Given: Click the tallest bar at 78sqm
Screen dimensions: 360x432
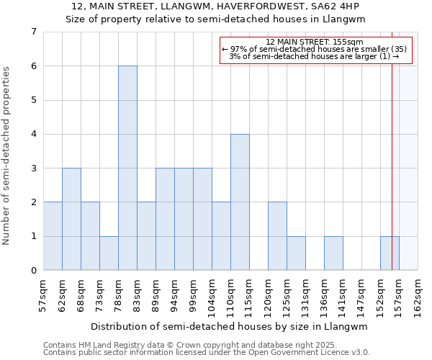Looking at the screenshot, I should coord(127,168).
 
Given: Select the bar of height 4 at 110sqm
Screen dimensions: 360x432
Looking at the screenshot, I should coord(240,202).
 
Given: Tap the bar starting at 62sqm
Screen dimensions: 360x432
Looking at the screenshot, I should coord(71,219).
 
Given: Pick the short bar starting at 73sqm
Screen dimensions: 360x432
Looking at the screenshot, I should coord(109,253).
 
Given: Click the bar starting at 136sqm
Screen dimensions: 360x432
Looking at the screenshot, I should coord(333,253).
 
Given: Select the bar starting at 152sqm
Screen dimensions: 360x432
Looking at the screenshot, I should coord(390,253).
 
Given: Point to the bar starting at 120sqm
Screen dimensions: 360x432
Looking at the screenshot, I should coord(277,236).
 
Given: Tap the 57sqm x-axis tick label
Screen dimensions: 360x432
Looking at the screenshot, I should coord(44,294).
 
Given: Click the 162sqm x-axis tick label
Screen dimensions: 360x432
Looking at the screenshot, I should coord(418,294).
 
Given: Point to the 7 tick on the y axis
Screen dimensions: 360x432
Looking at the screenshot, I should coord(33,32).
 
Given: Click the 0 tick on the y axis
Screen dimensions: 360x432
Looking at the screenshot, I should coord(33,271).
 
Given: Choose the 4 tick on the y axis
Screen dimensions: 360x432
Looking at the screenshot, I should coord(33,134).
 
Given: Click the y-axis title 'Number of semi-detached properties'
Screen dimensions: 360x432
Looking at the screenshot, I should coord(7,156).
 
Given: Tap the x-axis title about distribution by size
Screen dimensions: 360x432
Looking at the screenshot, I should coord(230,326).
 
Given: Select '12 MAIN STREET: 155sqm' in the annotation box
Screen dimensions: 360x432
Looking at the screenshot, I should coord(315,42).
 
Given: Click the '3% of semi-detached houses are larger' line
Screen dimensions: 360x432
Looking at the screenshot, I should coord(315,56).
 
